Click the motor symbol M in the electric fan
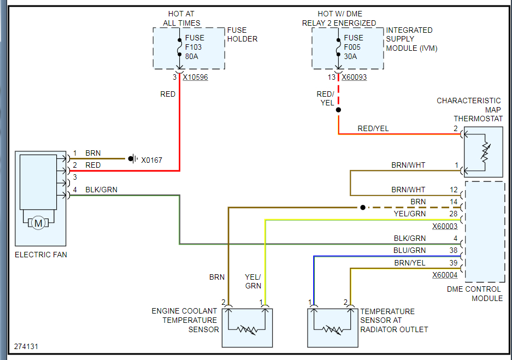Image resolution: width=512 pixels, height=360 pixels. point(38,223)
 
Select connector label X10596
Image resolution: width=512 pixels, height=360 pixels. point(195,78)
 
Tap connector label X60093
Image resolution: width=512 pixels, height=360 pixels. point(354,78)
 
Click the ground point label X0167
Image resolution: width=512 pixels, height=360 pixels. point(151,160)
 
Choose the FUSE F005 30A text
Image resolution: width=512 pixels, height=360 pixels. point(354,47)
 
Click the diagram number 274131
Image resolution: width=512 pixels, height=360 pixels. point(26,346)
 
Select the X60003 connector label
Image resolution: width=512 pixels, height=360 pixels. point(445,226)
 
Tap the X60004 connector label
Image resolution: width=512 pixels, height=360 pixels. point(445,275)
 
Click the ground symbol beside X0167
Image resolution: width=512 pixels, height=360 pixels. point(133,159)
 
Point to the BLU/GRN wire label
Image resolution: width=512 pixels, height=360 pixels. point(409,250)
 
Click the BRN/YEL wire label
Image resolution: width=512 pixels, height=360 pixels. point(410,263)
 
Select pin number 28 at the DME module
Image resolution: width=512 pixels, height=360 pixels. point(453,214)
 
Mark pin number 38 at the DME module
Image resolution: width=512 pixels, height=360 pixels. point(453,250)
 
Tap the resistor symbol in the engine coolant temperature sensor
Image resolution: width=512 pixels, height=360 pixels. point(247,329)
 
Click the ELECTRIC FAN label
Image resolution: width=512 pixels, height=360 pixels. point(41,255)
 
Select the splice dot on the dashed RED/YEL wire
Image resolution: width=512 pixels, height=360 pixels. point(339,110)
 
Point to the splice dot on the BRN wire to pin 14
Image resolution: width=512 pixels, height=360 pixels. point(363,208)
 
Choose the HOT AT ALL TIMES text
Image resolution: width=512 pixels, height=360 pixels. point(181,18)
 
